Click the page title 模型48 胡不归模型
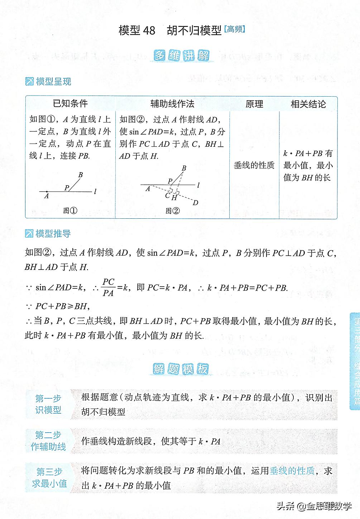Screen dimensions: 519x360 [x=171, y=30]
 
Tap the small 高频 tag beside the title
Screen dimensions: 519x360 [x=235, y=29]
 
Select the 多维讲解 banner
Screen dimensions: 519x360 [x=182, y=56]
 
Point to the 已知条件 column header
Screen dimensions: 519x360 [x=70, y=104]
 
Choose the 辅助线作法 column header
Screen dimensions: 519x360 [x=172, y=104]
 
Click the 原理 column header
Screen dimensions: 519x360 [x=254, y=104]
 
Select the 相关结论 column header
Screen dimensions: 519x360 [x=308, y=104]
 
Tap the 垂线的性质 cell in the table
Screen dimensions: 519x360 [x=254, y=165]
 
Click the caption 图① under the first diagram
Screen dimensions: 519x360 [x=70, y=210]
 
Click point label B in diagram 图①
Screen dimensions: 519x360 [x=81, y=175]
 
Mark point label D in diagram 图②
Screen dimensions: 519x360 [x=196, y=203]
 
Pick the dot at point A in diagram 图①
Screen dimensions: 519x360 [x=47, y=192]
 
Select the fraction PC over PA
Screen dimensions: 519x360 [x=108, y=287]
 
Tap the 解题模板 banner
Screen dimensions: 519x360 [x=181, y=369]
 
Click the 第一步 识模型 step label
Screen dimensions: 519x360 [x=48, y=404]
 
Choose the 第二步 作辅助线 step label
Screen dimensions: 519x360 [x=48, y=441]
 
